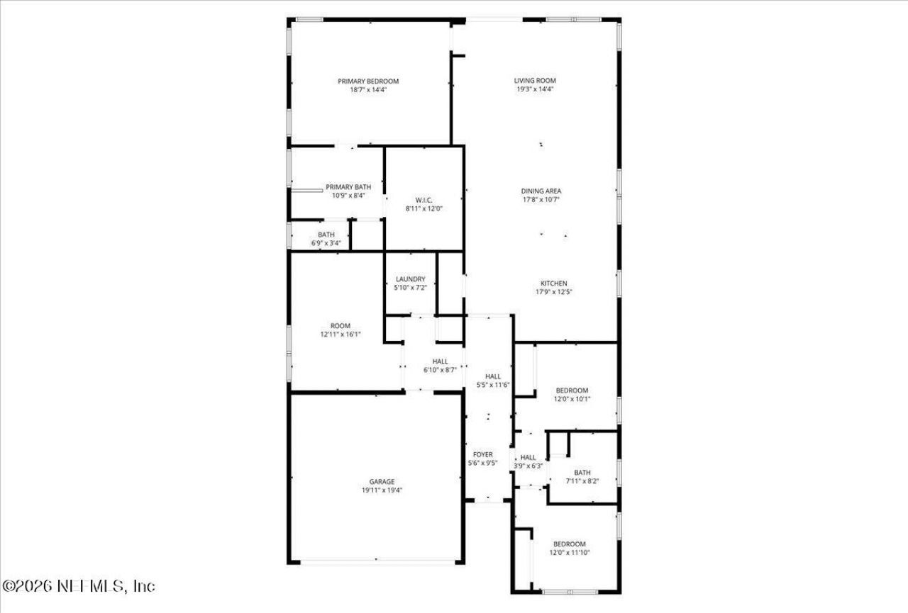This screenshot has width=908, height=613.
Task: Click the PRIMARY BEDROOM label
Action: pos(367,81)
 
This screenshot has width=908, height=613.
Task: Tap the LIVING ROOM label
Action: pos(535,80)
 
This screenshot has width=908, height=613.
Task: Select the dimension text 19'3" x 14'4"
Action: pos(535,89)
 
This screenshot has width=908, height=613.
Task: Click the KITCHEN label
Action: pos(553,283)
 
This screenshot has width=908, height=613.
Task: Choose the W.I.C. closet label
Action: pos(424,200)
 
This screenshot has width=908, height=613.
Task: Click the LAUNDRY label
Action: pos(410,279)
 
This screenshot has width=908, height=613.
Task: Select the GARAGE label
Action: pos(382,482)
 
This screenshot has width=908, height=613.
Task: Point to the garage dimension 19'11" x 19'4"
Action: pos(382,490)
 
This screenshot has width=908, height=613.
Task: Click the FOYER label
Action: pos(482,454)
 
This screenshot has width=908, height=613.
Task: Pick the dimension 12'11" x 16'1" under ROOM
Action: pos(340,334)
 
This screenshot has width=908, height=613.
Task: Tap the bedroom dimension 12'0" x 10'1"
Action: pos(572,399)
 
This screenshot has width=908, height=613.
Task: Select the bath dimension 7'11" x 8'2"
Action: pos(582,482)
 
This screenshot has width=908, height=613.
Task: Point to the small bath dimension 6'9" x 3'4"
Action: pos(326,243)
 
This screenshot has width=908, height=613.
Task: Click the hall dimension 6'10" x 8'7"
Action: pos(440,370)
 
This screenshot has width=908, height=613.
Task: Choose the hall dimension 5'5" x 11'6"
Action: pos(493,385)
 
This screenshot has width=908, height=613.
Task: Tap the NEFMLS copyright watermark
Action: pos(79,587)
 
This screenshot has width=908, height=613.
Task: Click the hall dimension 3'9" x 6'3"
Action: pos(528,466)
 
